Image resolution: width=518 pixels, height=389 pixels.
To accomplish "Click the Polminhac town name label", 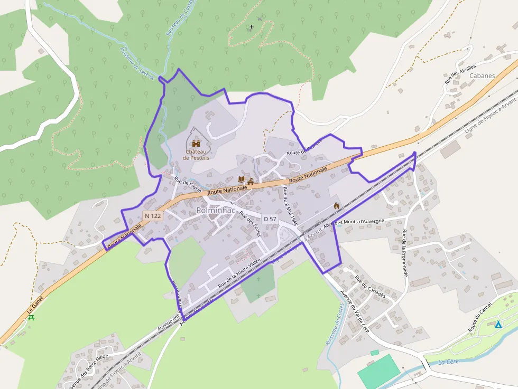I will (216, 210).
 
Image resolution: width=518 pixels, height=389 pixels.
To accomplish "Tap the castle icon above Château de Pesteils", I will (196, 143).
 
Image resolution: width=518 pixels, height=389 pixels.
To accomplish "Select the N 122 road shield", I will (152, 216).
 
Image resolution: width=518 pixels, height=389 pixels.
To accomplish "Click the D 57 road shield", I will (270, 219).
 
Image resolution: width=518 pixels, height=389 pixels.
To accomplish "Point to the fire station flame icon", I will (337, 206).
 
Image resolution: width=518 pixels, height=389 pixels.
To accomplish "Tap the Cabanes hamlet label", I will (482, 75).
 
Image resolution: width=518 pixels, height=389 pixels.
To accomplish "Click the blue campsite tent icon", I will (498, 324).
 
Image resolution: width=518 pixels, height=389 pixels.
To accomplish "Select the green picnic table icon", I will (31, 318).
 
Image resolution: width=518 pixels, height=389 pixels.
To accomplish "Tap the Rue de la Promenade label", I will (405, 253).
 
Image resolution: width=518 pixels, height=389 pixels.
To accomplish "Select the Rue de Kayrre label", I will (188, 186).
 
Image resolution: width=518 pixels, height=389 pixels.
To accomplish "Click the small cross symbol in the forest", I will (251, 26).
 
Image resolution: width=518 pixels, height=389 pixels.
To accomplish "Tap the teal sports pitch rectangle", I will (378, 371).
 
